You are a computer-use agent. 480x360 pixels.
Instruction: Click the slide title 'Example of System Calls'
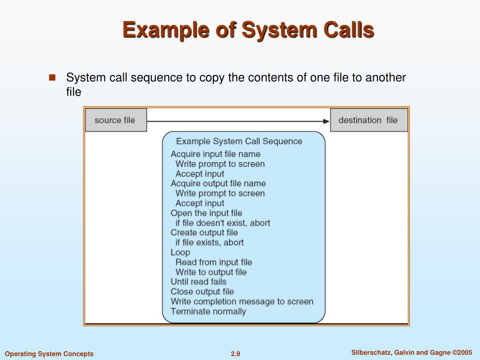(x=248, y=31)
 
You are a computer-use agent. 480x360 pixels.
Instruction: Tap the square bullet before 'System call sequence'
(x=52, y=77)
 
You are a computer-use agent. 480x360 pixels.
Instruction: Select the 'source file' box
(x=115, y=120)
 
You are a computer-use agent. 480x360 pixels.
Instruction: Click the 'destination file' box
(x=368, y=120)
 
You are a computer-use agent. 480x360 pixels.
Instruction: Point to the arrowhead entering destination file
(x=326, y=121)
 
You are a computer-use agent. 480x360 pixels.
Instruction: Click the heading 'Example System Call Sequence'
(x=239, y=141)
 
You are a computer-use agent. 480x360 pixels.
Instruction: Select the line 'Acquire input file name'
(x=215, y=154)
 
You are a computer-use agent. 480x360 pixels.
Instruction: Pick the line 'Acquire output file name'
(x=218, y=183)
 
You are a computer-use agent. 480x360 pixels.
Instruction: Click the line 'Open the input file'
(x=206, y=213)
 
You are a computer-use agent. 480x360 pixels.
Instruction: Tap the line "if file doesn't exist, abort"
(x=223, y=223)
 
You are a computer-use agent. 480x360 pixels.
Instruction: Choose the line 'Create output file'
(x=204, y=232)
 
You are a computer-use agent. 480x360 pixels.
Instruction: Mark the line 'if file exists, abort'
(x=210, y=242)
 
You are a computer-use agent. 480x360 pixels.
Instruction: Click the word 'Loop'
(x=180, y=252)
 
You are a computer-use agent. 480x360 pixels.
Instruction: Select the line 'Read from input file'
(x=213, y=262)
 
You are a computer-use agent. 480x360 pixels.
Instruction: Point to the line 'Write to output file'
(x=211, y=272)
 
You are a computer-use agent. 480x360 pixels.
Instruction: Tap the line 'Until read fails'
(x=198, y=282)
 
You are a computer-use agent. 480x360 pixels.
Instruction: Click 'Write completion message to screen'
(x=242, y=301)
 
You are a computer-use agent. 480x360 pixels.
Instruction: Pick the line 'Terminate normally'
(x=208, y=311)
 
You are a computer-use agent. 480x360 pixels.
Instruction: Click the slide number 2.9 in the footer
(x=235, y=354)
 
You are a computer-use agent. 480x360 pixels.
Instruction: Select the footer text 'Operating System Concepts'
(x=49, y=354)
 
